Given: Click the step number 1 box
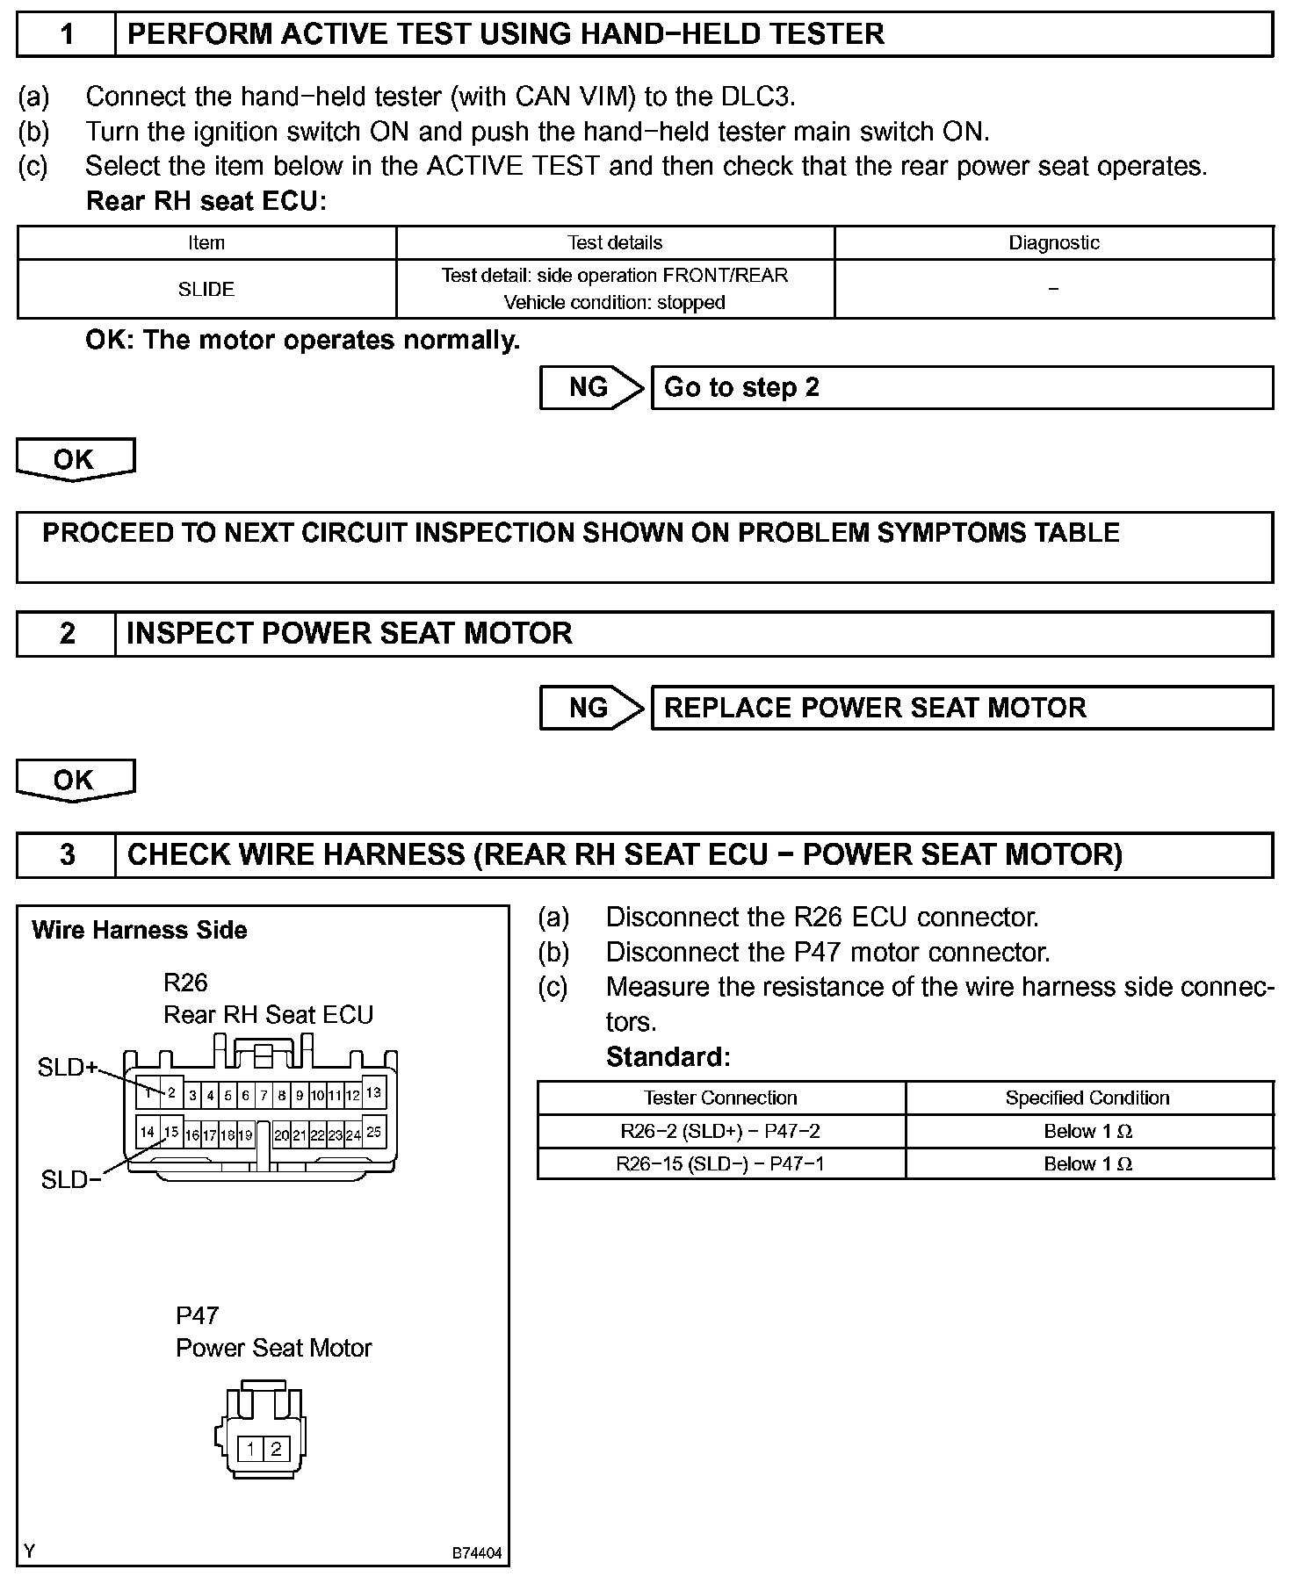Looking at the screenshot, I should coord(67,35).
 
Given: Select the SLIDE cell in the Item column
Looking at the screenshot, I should coord(206,289).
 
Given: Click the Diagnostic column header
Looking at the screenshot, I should coord(1053,243).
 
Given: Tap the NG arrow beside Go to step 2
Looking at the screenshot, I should coord(591,388).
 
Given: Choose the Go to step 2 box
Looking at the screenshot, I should coord(962,388).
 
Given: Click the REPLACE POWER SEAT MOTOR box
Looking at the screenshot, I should coord(962,709).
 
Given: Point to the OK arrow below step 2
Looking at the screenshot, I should coord(75,781).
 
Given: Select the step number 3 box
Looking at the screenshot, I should coord(67,855).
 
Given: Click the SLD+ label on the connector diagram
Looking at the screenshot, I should coord(68,1068).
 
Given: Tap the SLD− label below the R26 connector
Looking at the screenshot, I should coord(71,1180).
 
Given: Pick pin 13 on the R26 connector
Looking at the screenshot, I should coord(373,1093).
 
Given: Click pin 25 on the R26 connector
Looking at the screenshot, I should coord(373,1133).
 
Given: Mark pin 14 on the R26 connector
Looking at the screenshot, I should coord(148,1133).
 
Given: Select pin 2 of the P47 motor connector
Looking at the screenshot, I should coord(276,1449).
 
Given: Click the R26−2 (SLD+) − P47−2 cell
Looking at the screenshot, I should coord(720,1132).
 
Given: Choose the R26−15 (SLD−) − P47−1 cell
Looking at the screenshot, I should coord(720,1164).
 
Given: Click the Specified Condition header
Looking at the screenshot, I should coord(1087,1098).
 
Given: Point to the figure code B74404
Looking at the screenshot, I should coord(477,1553).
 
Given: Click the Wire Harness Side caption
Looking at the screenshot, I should coord(140,931).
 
